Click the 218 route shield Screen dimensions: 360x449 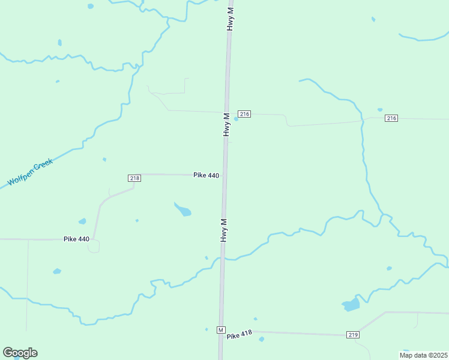134,178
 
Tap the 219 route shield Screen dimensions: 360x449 353,334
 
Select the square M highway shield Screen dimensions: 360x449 221,330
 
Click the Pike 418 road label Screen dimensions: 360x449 239,335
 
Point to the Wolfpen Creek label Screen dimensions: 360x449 30,172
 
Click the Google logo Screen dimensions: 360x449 20,353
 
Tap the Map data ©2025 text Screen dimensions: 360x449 424,355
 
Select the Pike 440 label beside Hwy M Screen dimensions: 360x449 206,175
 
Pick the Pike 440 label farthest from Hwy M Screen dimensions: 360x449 76,239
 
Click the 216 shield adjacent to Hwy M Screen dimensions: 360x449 244,114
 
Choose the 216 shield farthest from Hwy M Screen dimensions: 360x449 391,118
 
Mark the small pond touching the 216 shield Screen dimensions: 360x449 236,119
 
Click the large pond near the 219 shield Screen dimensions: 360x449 351,305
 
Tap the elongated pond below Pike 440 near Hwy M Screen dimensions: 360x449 183,210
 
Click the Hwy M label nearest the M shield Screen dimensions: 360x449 223,230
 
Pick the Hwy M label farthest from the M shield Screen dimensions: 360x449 229,16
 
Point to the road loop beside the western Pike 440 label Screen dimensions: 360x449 94,247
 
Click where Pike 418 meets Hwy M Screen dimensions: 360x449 221,331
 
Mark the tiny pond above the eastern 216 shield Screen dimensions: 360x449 380,110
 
